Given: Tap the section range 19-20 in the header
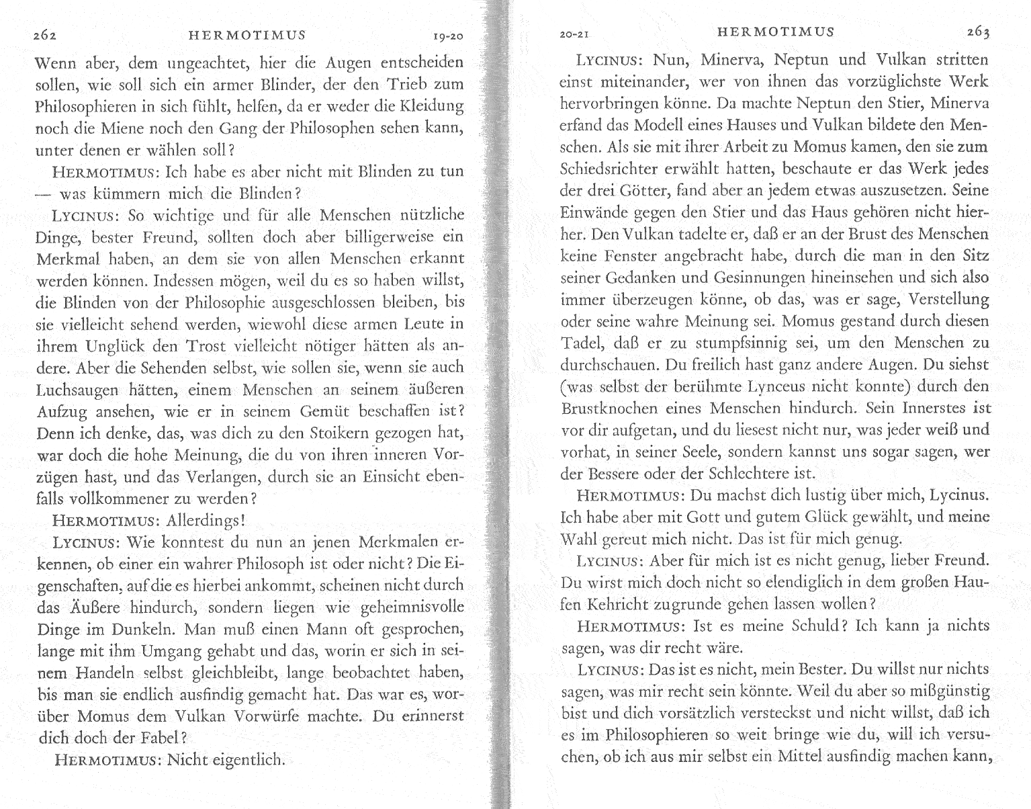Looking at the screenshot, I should click(447, 36).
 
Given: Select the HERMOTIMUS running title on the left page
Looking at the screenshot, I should click(247, 35).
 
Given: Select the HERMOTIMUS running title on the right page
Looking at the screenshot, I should click(775, 32).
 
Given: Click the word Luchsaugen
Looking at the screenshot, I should click(77, 390).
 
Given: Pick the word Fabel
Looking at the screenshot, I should click(157, 737).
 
